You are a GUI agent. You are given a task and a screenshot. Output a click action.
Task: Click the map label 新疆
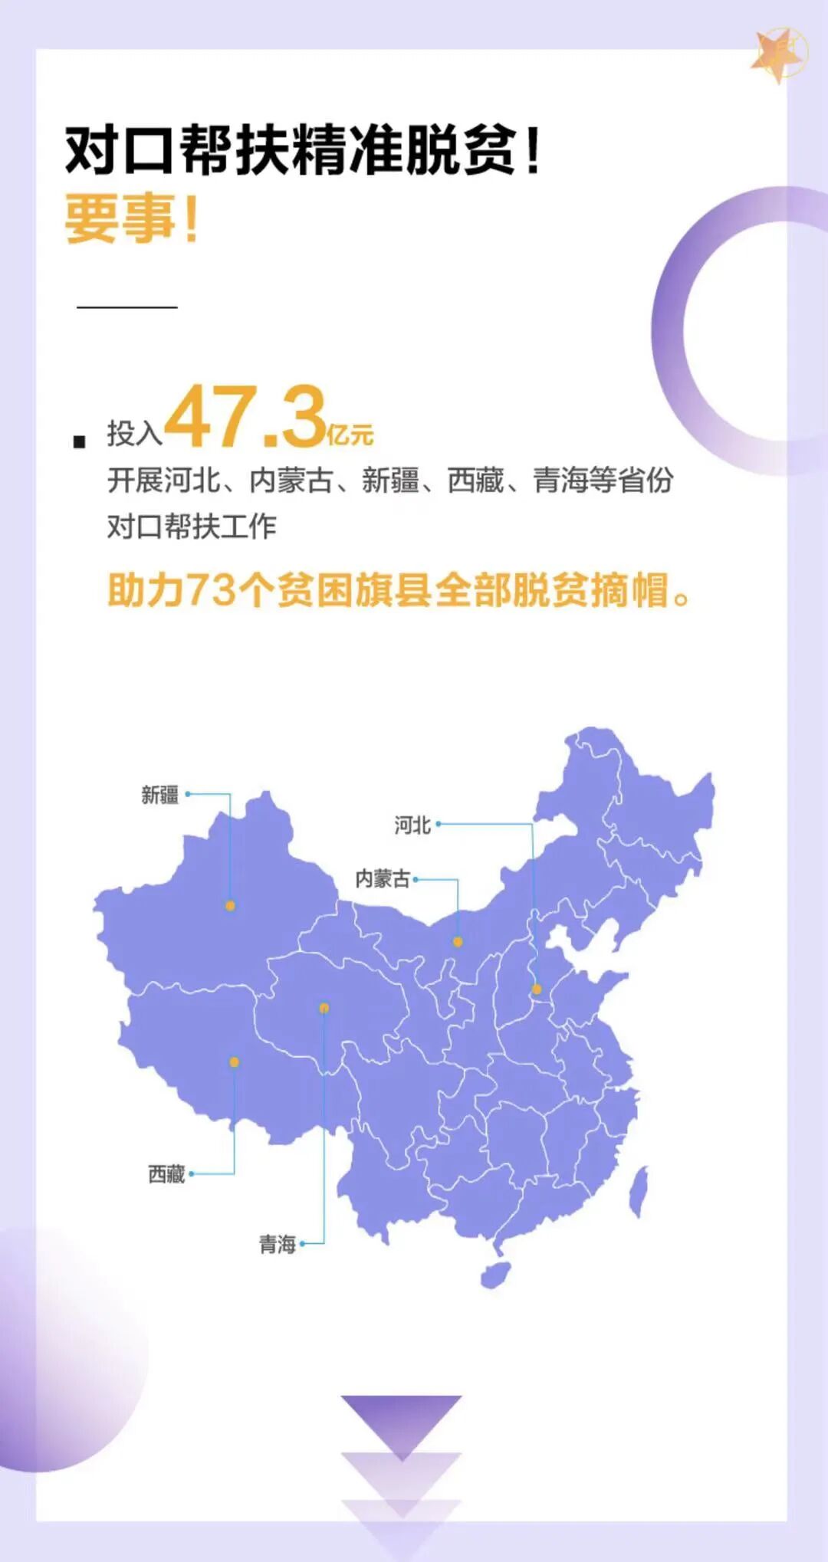pyautogui.click(x=159, y=795)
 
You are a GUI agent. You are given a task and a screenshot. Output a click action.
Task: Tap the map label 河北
pyautogui.click(x=412, y=825)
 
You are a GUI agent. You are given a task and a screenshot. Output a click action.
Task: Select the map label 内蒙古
pyautogui.click(x=382, y=878)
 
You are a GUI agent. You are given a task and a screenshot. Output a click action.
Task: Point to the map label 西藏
pyautogui.click(x=166, y=1173)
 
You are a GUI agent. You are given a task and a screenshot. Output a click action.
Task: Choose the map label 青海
pyautogui.click(x=277, y=1244)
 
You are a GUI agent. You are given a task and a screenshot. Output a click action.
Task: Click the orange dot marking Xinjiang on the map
pyautogui.click(x=230, y=905)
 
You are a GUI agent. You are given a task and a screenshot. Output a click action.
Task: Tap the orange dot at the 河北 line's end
pyautogui.click(x=537, y=989)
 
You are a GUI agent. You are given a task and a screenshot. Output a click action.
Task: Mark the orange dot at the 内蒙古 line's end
pyautogui.click(x=458, y=942)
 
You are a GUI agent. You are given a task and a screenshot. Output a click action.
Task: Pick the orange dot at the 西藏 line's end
pyautogui.click(x=234, y=1062)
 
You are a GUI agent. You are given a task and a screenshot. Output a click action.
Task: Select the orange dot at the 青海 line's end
pyautogui.click(x=324, y=1008)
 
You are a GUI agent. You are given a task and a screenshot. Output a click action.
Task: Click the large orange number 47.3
pyautogui.click(x=245, y=418)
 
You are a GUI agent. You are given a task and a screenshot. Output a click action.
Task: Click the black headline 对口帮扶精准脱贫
pyautogui.click(x=291, y=149)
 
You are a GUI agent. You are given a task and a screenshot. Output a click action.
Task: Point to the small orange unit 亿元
pyautogui.click(x=350, y=435)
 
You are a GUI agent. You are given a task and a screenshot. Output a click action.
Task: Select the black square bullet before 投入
pyautogui.click(x=79, y=441)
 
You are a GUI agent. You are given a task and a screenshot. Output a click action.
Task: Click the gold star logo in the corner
pyautogui.click(x=779, y=54)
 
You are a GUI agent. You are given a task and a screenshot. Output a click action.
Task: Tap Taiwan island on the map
pyautogui.click(x=639, y=1192)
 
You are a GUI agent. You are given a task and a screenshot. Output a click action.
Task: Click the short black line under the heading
pyautogui.click(x=127, y=307)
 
